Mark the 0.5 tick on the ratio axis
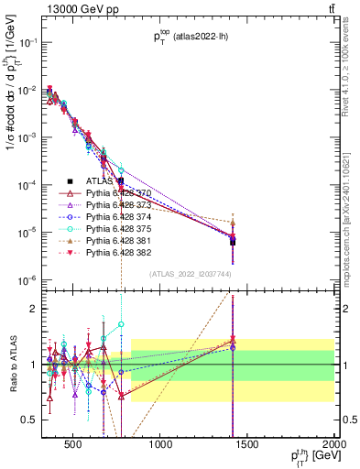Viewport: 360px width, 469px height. [x=34, y=420]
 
